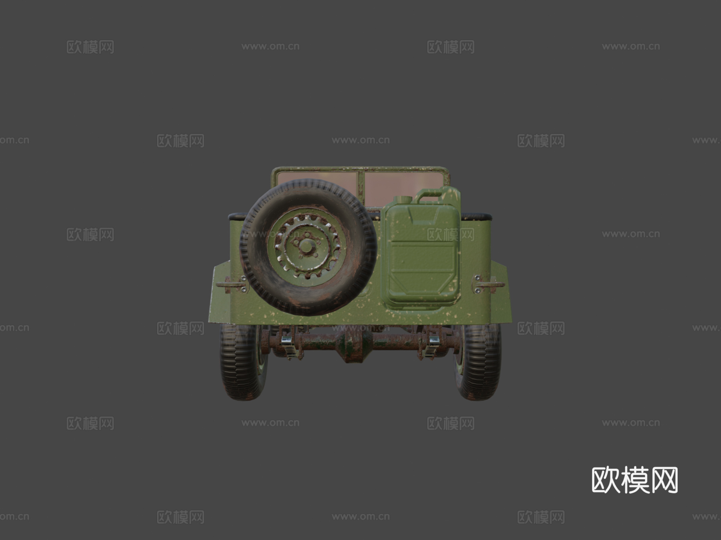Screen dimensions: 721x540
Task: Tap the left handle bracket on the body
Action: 231,285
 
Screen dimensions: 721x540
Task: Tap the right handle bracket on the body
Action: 489,284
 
